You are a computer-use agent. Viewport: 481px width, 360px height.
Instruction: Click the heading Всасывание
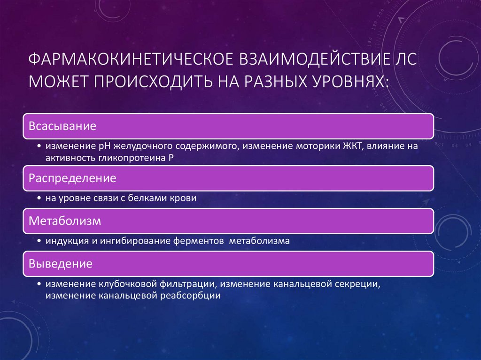(x=63, y=126)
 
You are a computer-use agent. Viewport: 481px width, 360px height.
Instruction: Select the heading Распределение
(x=73, y=179)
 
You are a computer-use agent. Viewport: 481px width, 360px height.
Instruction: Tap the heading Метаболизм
(x=65, y=221)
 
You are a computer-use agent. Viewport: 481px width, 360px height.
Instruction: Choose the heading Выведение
(x=61, y=264)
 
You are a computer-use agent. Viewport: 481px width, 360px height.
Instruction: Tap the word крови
(x=185, y=199)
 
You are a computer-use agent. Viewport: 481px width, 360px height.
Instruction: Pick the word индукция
(x=64, y=241)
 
